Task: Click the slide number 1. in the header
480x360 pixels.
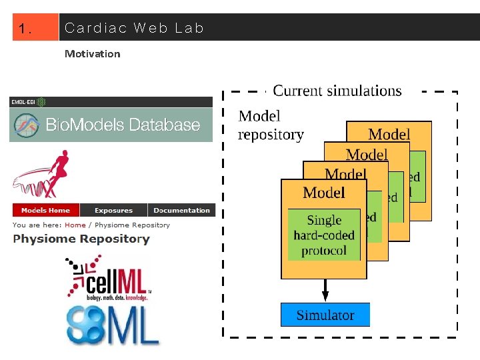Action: click(26, 29)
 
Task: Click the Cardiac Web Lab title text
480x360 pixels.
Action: click(133, 28)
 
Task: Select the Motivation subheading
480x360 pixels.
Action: click(92, 54)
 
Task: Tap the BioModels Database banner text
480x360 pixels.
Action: click(123, 125)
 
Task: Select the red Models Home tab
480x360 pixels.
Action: click(45, 210)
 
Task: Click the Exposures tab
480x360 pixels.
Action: click(113, 210)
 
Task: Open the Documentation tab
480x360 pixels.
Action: click(181, 210)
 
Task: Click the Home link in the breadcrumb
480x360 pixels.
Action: click(75, 225)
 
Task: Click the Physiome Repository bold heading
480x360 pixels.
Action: click(81, 239)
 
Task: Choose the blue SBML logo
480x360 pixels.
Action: click(112, 324)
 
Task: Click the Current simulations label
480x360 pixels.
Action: click(337, 91)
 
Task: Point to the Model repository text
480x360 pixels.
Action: click(271, 125)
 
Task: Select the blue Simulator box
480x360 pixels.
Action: click(325, 315)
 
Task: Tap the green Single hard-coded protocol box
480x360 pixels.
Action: click(324, 235)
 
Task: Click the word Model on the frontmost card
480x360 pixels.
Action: click(324, 193)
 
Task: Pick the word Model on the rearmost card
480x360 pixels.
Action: click(389, 135)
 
